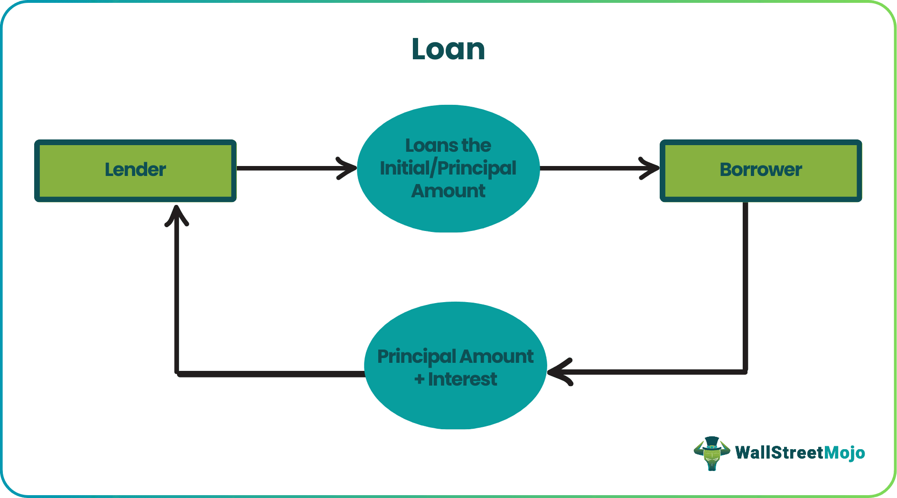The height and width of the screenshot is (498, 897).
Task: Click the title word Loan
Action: tap(448, 49)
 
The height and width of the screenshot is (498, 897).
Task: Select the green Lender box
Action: tap(135, 170)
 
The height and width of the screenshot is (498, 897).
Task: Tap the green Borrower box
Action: tap(760, 170)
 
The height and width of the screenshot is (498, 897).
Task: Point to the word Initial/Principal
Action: tap(448, 168)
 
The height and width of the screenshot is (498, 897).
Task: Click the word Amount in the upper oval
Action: tap(448, 191)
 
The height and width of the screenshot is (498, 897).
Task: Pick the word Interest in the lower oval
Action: tap(462, 379)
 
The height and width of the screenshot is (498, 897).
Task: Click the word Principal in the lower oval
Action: tap(416, 357)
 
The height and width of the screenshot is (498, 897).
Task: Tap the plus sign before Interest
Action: tap(419, 379)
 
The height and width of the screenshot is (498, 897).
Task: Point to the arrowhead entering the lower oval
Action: tap(559, 372)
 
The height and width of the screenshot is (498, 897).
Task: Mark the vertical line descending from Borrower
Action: tap(745, 285)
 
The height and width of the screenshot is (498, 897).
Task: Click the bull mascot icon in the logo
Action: tap(711, 453)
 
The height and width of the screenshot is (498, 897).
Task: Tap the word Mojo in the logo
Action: tap(844, 453)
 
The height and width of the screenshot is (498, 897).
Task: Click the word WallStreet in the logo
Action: tap(779, 453)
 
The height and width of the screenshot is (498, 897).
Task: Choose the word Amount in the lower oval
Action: tap(496, 357)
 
